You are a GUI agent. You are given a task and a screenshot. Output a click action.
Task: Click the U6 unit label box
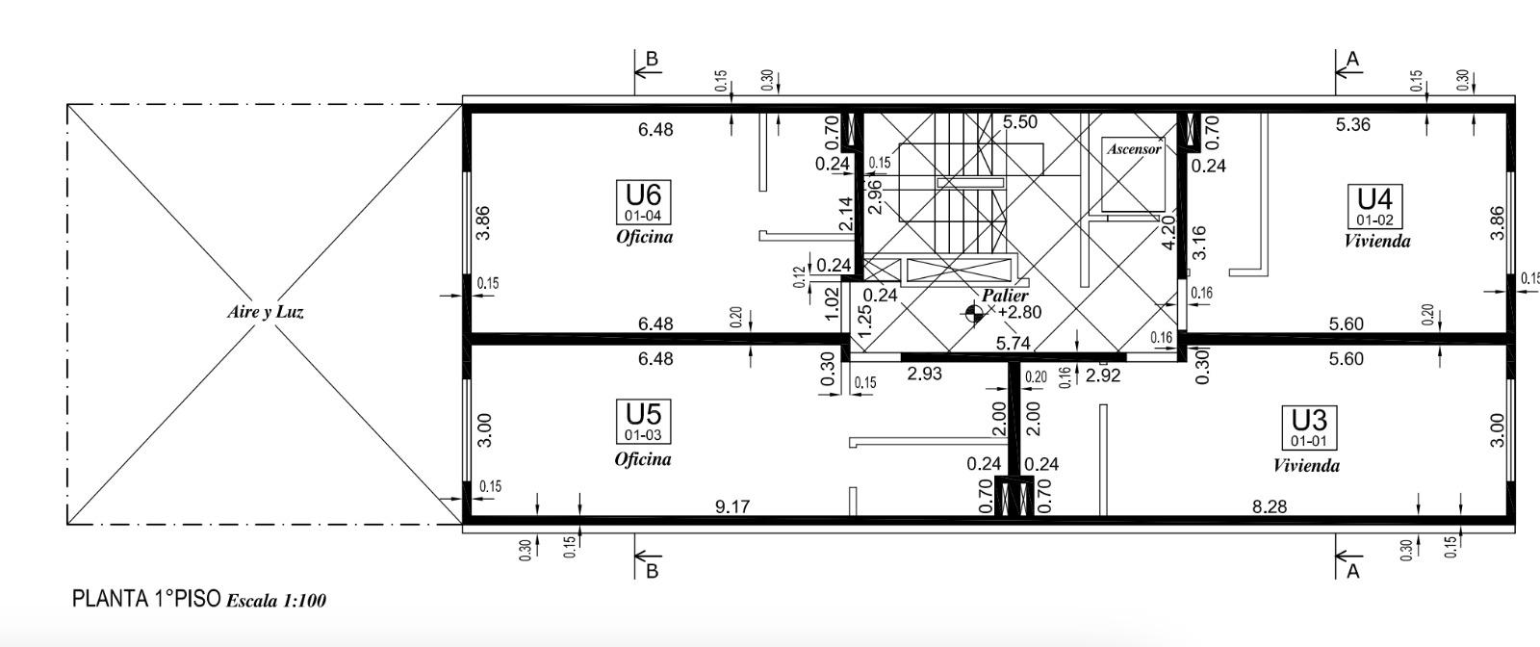coord(644,202)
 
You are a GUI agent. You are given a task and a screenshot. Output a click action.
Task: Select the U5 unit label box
coord(644,422)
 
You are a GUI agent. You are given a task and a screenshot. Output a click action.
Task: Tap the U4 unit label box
coord(1374,206)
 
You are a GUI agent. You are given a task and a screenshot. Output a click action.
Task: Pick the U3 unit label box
coord(1309,427)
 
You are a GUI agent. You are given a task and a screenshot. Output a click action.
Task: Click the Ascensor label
coord(1134,148)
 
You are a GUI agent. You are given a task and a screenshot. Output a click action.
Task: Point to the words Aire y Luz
coord(266,312)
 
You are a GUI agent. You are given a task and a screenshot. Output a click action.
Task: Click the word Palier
coord(1005,296)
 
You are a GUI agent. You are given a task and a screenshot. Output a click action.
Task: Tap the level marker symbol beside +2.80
coord(973,314)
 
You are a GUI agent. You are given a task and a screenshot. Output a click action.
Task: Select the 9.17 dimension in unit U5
coord(732,506)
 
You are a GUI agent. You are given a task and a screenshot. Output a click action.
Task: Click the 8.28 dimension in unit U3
coord(1270,506)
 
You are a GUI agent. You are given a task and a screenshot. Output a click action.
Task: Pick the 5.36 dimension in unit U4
coord(1353,124)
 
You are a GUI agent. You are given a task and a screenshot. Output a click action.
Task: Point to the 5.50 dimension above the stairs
coord(1019,121)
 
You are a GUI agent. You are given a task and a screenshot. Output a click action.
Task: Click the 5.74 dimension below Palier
coord(1013,343)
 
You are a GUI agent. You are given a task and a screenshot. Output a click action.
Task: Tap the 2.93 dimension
coord(924,374)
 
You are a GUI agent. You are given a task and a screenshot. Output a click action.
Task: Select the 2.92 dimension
coord(1103,375)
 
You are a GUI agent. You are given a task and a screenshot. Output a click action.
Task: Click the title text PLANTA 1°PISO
coord(146,599)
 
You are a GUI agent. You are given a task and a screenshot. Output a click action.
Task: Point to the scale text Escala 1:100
coord(275,600)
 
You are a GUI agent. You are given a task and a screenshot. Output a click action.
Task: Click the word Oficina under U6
coord(644,237)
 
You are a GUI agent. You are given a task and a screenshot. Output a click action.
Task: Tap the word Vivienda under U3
coord(1306,466)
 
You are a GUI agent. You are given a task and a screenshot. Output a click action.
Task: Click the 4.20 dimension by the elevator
coord(1168,232)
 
